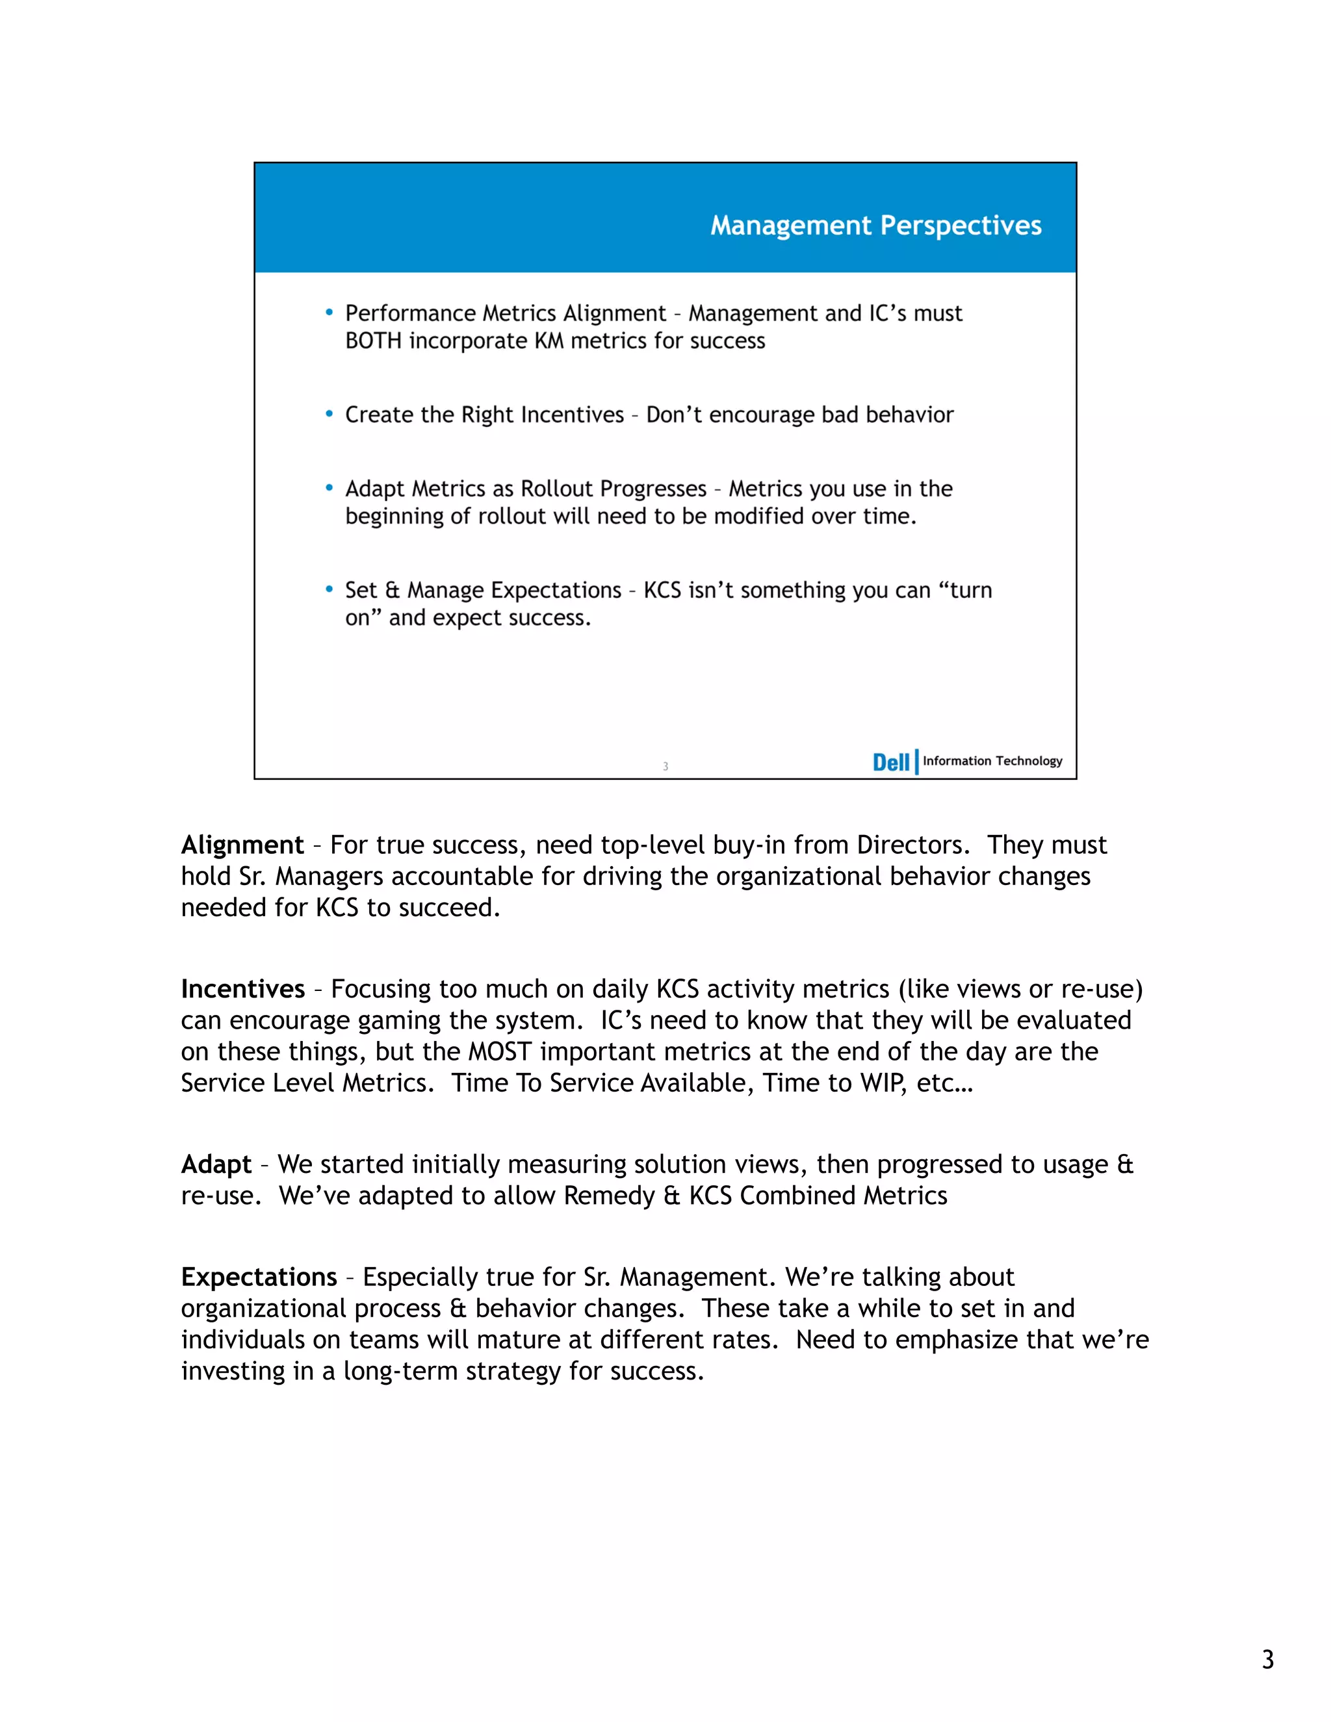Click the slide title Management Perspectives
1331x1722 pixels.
(875, 225)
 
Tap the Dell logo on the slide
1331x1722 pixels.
(890, 762)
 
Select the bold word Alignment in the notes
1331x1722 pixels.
(242, 845)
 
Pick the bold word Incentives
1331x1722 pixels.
(243, 989)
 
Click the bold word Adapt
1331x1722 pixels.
(216, 1164)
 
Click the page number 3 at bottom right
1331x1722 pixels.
(1267, 1659)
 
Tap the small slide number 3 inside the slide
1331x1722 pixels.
(665, 766)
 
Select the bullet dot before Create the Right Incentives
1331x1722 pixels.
(329, 414)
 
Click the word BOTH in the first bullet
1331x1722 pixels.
(374, 341)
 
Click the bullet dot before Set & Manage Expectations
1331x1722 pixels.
(329, 589)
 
